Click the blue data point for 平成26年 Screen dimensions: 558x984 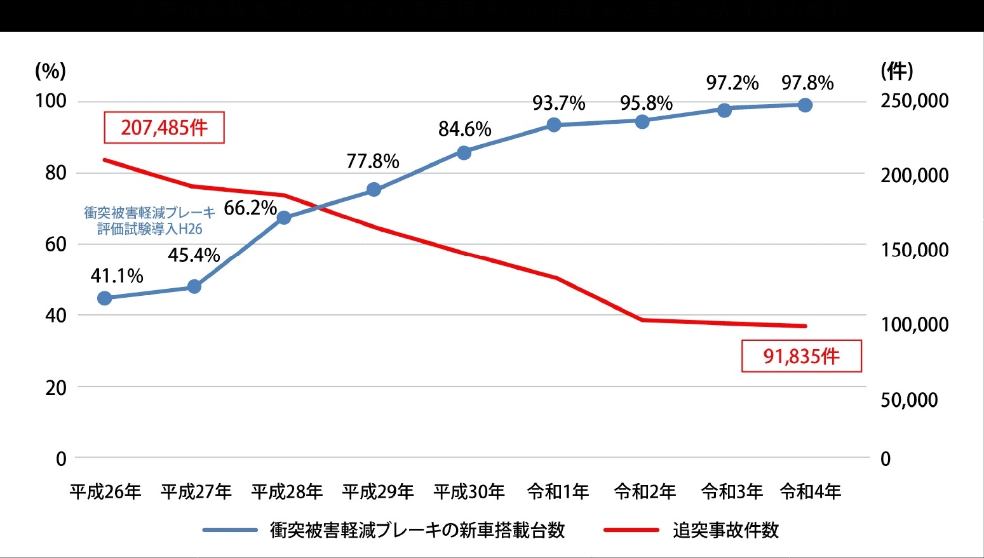[x=105, y=298]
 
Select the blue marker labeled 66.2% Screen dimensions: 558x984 [x=284, y=218]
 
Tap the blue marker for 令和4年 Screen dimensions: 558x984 [x=805, y=105]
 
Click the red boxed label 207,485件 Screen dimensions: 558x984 [x=165, y=128]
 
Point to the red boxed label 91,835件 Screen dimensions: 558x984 [x=801, y=356]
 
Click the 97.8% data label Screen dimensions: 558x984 [x=807, y=83]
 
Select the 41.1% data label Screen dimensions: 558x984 [x=117, y=276]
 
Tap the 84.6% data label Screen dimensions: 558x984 [x=464, y=130]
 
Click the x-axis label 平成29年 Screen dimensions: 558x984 [x=377, y=491]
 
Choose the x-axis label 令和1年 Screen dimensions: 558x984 [x=558, y=491]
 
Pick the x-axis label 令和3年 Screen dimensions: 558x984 [x=732, y=491]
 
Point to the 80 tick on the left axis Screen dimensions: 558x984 [x=56, y=173]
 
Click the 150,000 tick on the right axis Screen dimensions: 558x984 [x=914, y=250]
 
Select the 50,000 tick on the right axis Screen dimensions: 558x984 [x=909, y=400]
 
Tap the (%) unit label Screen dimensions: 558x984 [x=50, y=71]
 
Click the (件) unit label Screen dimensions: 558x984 [x=897, y=71]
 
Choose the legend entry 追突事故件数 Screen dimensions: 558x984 [x=725, y=530]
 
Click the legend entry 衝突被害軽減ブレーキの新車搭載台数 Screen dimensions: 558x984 [x=417, y=530]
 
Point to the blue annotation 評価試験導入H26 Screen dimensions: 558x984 [x=150, y=229]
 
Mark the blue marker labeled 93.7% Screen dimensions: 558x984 [x=554, y=125]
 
